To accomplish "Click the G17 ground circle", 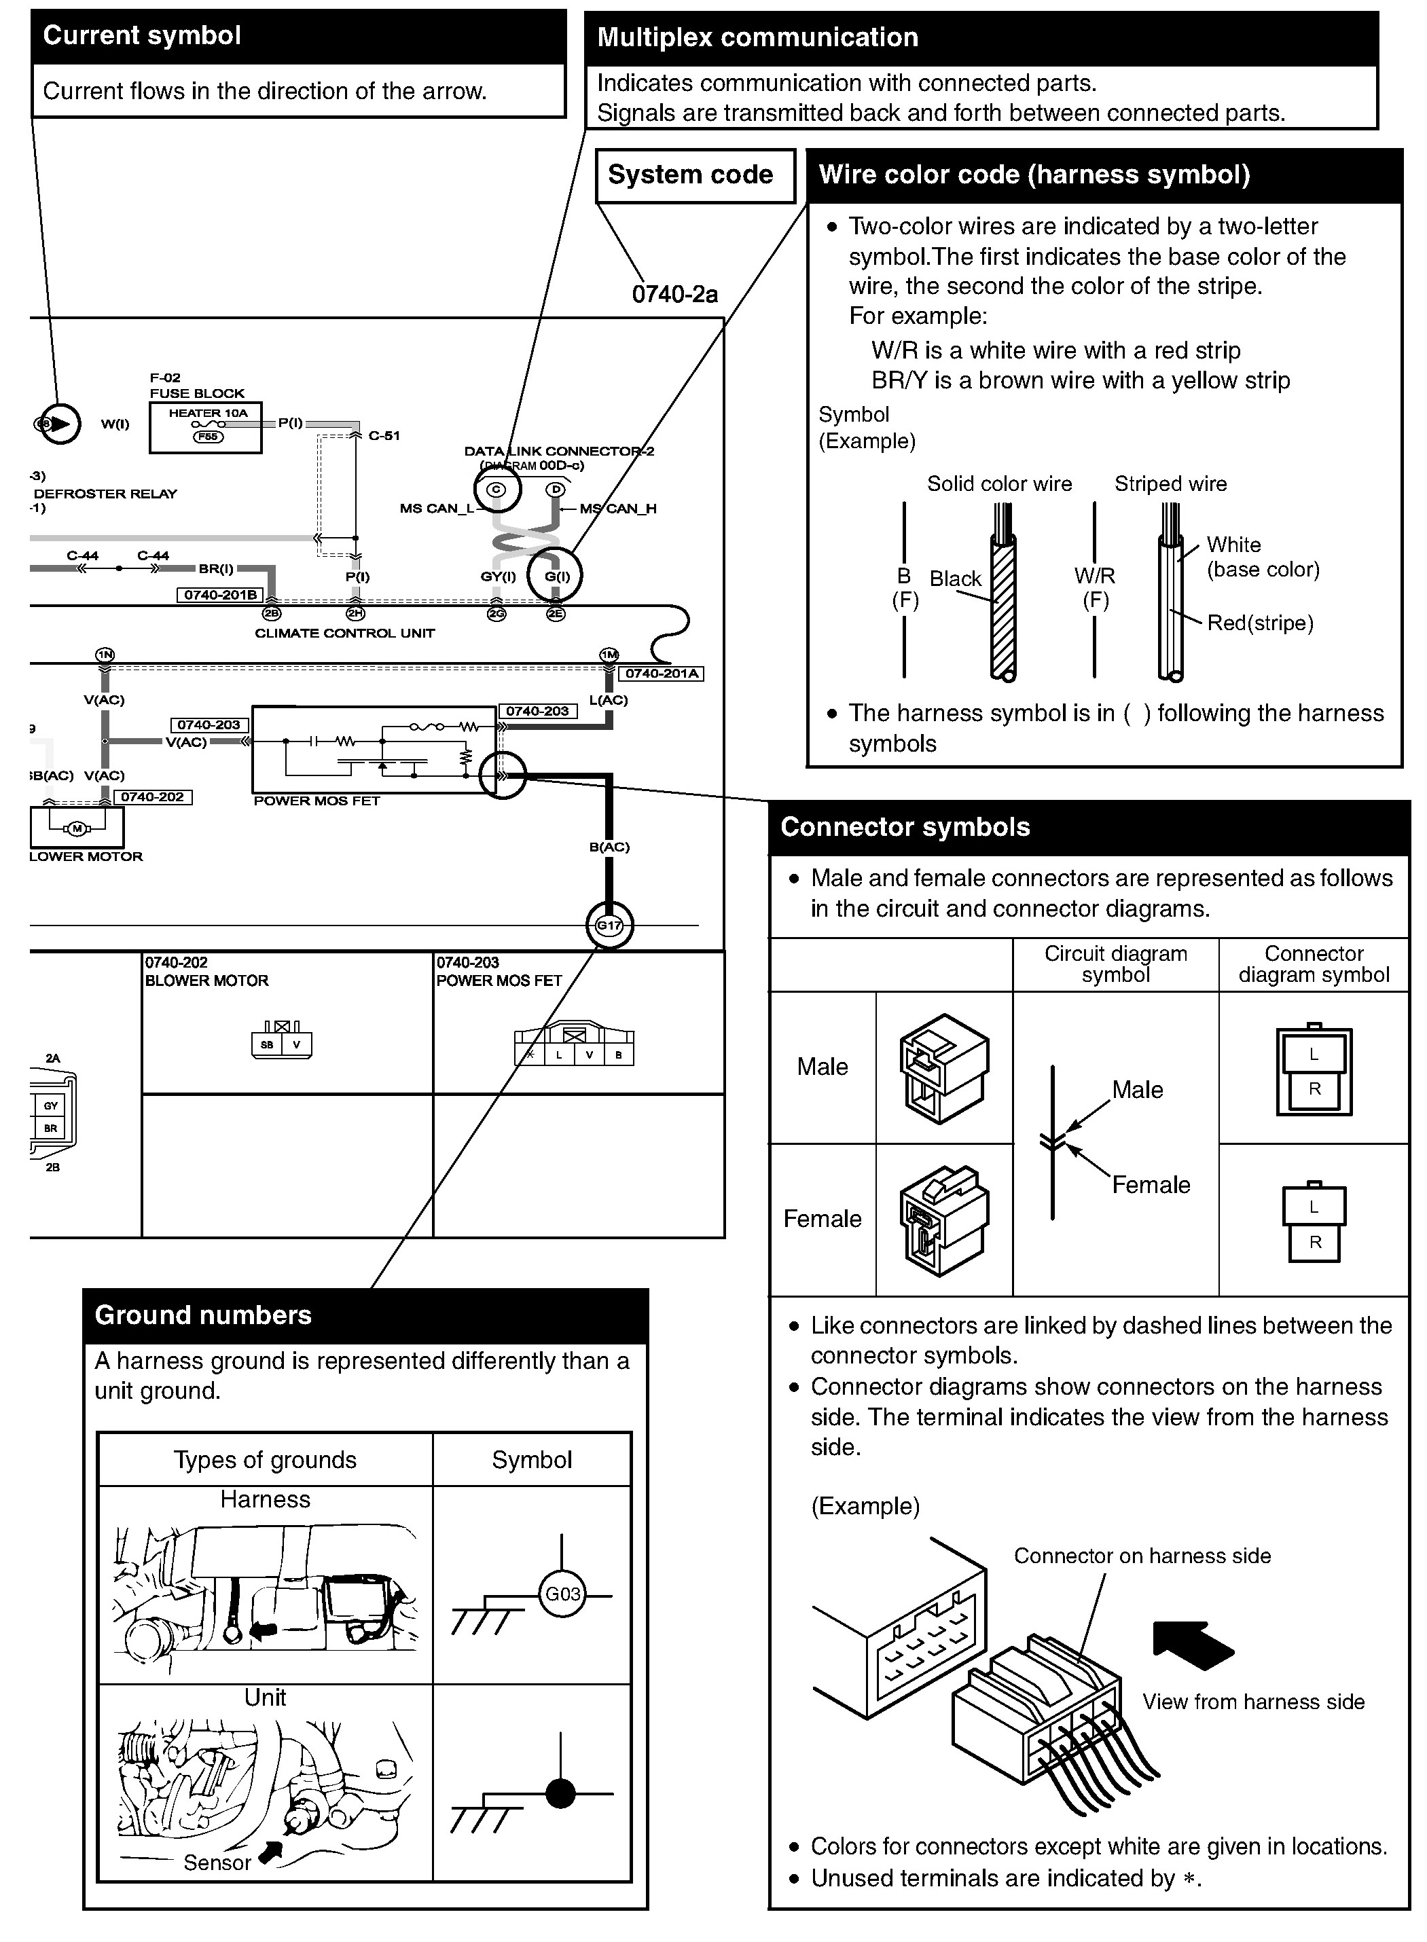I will tap(609, 925).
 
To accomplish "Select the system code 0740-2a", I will tap(674, 295).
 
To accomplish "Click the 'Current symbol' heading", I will tap(143, 35).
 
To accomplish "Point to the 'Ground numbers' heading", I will tap(203, 1315).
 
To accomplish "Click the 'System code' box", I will tap(690, 175).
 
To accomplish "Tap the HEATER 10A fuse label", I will tap(209, 414).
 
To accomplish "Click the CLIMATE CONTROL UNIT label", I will tap(344, 633).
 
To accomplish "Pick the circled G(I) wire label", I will tap(556, 576).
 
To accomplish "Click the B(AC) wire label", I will tap(609, 847).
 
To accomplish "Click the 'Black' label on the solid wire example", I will tap(956, 579).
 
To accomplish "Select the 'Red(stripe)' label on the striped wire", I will tap(1261, 623).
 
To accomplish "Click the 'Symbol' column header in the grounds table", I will tap(531, 1459).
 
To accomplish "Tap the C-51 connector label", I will tap(384, 435).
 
